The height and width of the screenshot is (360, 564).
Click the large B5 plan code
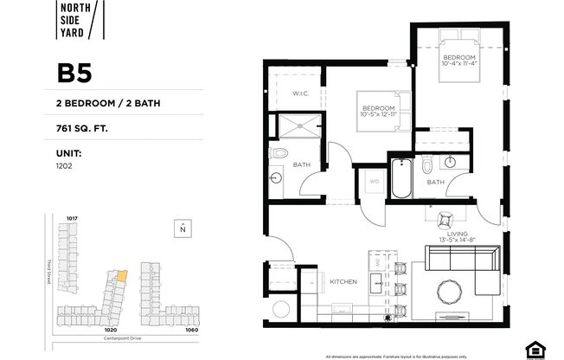74,73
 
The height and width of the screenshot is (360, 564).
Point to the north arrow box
183,228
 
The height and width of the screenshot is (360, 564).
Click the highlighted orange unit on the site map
121,275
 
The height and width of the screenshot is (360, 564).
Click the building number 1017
72,218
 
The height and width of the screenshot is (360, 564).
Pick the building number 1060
191,330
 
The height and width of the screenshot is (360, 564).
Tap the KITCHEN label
343,281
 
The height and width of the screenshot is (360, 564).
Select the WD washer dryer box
374,182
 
